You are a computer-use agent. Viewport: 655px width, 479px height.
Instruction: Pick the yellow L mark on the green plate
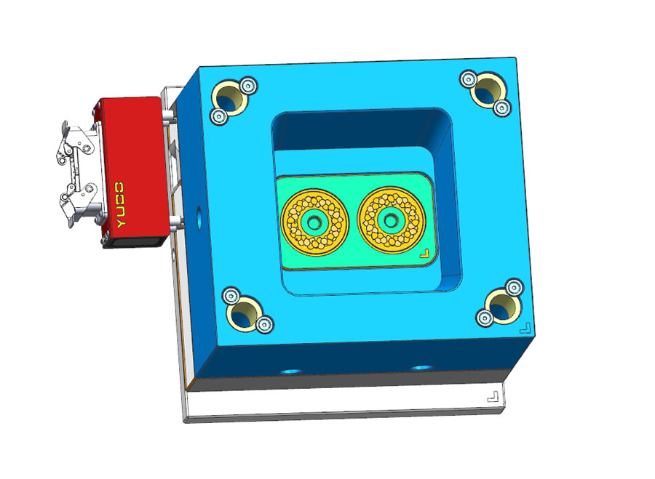click(424, 254)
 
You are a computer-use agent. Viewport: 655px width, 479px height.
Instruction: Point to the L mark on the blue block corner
click(524, 329)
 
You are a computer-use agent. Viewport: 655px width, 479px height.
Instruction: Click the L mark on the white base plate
click(493, 397)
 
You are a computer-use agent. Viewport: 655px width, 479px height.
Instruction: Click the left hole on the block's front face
click(292, 371)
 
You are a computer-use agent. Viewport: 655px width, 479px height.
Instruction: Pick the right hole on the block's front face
click(420, 367)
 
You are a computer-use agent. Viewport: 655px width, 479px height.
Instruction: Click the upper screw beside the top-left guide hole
click(247, 86)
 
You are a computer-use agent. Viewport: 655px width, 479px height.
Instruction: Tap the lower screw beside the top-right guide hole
click(501, 108)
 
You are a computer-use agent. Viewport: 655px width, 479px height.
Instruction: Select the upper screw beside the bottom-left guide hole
click(231, 296)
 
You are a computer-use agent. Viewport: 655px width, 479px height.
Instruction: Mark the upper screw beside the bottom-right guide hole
click(514, 286)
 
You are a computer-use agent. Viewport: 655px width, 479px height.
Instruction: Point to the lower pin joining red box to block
click(175, 222)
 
